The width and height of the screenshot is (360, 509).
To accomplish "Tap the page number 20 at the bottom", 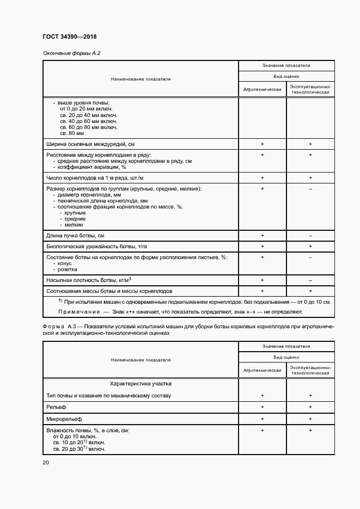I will tap(46, 462).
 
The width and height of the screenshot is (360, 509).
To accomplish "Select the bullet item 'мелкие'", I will tap(74, 224).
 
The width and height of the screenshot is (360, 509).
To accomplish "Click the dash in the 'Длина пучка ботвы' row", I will tap(310, 235).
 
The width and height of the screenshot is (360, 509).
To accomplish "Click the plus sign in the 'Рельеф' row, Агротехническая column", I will tap(262, 407).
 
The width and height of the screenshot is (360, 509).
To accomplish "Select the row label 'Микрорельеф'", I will tap(63, 419).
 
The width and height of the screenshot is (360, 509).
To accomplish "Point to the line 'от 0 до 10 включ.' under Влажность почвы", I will tap(75, 437).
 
